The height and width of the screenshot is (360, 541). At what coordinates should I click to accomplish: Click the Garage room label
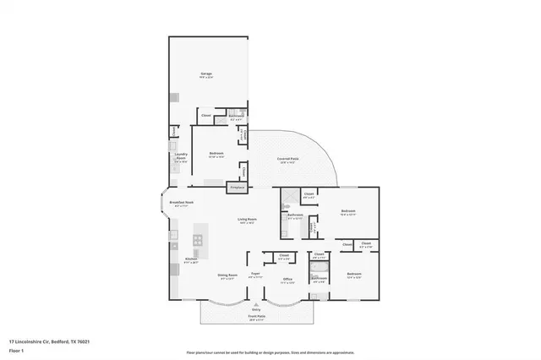click(x=206, y=75)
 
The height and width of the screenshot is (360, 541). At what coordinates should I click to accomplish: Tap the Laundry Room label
click(x=181, y=155)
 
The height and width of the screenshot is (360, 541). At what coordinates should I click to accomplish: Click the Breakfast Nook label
click(x=183, y=203)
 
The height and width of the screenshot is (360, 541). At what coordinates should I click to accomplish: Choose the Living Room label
click(x=247, y=221)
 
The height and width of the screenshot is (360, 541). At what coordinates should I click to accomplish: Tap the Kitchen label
click(x=191, y=259)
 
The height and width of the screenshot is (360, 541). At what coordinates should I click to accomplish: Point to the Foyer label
click(x=254, y=275)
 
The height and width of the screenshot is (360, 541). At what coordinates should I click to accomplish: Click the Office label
click(x=287, y=280)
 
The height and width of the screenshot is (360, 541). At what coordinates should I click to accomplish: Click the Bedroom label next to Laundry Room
click(x=216, y=153)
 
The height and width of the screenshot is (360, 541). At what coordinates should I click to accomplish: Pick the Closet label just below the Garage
click(x=206, y=115)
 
